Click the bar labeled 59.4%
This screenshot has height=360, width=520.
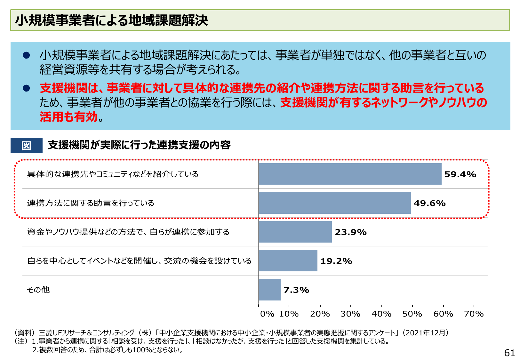pyautogui.click(x=350, y=174)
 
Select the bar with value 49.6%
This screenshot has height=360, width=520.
pyautogui.click(x=335, y=203)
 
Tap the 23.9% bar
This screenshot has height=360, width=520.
pyautogui.click(x=295, y=232)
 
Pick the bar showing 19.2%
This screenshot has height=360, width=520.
pyautogui.click(x=288, y=260)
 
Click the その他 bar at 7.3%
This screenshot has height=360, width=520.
pyautogui.click(x=269, y=290)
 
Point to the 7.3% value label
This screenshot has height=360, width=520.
pyautogui.click(x=296, y=290)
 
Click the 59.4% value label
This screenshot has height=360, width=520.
pyautogui.click(x=460, y=174)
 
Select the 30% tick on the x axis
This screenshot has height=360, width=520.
pyautogui.click(x=350, y=314)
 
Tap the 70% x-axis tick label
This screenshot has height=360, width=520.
pyautogui.click(x=474, y=314)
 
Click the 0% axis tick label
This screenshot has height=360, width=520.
pyautogui.click(x=267, y=314)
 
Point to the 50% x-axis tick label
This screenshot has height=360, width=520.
pyautogui.click(x=412, y=314)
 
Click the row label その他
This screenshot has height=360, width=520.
pyautogui.click(x=38, y=290)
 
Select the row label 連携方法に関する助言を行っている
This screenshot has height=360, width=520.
pyautogui.click(x=91, y=203)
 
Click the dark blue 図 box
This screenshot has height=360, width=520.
pyautogui.click(x=27, y=145)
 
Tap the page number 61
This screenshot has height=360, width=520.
pyautogui.click(x=509, y=353)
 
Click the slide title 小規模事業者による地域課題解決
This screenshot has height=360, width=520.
pyautogui.click(x=112, y=20)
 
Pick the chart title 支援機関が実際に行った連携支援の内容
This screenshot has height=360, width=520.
pyautogui.click(x=139, y=145)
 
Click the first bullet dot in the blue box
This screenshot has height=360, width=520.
pyautogui.click(x=26, y=55)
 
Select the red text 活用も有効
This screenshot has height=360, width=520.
pyautogui.click(x=68, y=117)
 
